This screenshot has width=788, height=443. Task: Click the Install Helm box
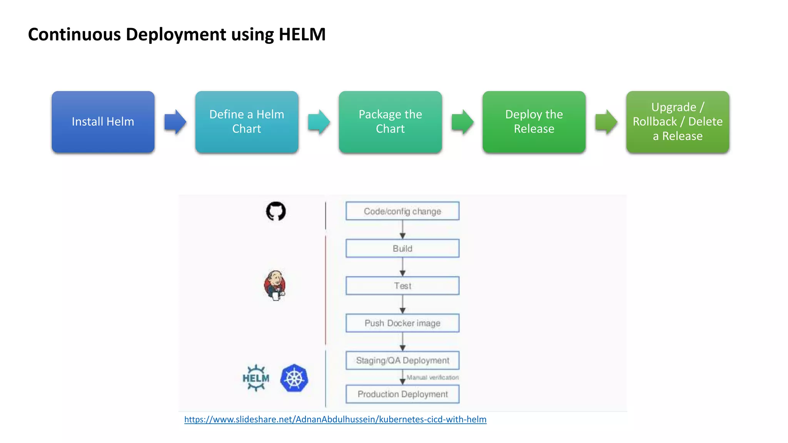coord(103,122)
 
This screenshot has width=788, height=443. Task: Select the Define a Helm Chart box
coord(247,122)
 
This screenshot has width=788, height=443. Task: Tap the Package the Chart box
coord(390,122)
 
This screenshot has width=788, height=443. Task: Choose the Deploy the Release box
coord(534,122)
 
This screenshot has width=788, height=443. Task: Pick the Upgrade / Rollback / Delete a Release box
coord(678,122)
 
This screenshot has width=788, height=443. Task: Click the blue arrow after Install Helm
coord(175,122)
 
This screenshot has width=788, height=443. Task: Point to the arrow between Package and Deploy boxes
coord(462,122)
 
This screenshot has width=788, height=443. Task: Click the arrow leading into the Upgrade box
coord(606,122)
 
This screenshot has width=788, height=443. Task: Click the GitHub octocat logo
coord(276,211)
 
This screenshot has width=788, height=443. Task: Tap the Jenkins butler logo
coord(275,285)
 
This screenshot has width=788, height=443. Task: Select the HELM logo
coord(256,378)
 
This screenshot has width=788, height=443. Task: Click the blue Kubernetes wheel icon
coord(294,378)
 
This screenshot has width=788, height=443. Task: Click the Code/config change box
coord(402,211)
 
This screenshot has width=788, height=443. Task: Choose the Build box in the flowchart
coord(402,248)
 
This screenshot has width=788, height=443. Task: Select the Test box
coord(402,286)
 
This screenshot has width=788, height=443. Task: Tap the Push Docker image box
coord(402,323)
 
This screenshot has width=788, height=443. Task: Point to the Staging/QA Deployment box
coord(402,360)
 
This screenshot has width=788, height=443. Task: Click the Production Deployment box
coord(402,394)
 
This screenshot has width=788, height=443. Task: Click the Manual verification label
coord(432,378)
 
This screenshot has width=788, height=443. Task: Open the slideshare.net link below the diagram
coord(335,420)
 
